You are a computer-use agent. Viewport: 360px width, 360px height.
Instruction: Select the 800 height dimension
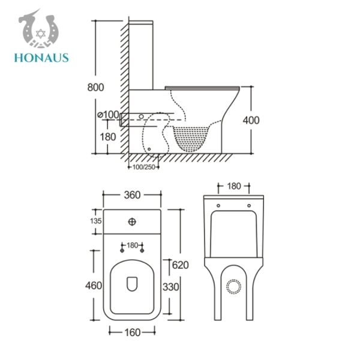pos(95,87)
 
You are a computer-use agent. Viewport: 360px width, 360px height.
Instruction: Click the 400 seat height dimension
pos(251,120)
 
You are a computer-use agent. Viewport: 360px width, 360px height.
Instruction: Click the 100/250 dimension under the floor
pos(143,167)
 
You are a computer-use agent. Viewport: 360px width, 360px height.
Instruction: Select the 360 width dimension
pos(132,194)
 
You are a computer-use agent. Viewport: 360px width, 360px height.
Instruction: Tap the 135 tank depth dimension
pos(95,221)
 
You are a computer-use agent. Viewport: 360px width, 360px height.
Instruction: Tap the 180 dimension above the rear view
pos(234,186)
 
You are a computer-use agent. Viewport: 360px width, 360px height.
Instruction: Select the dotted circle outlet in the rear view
pos(233,287)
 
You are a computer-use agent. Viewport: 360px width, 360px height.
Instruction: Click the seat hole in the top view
pos(132,282)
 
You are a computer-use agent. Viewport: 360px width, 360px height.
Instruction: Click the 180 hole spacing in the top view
pos(132,245)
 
